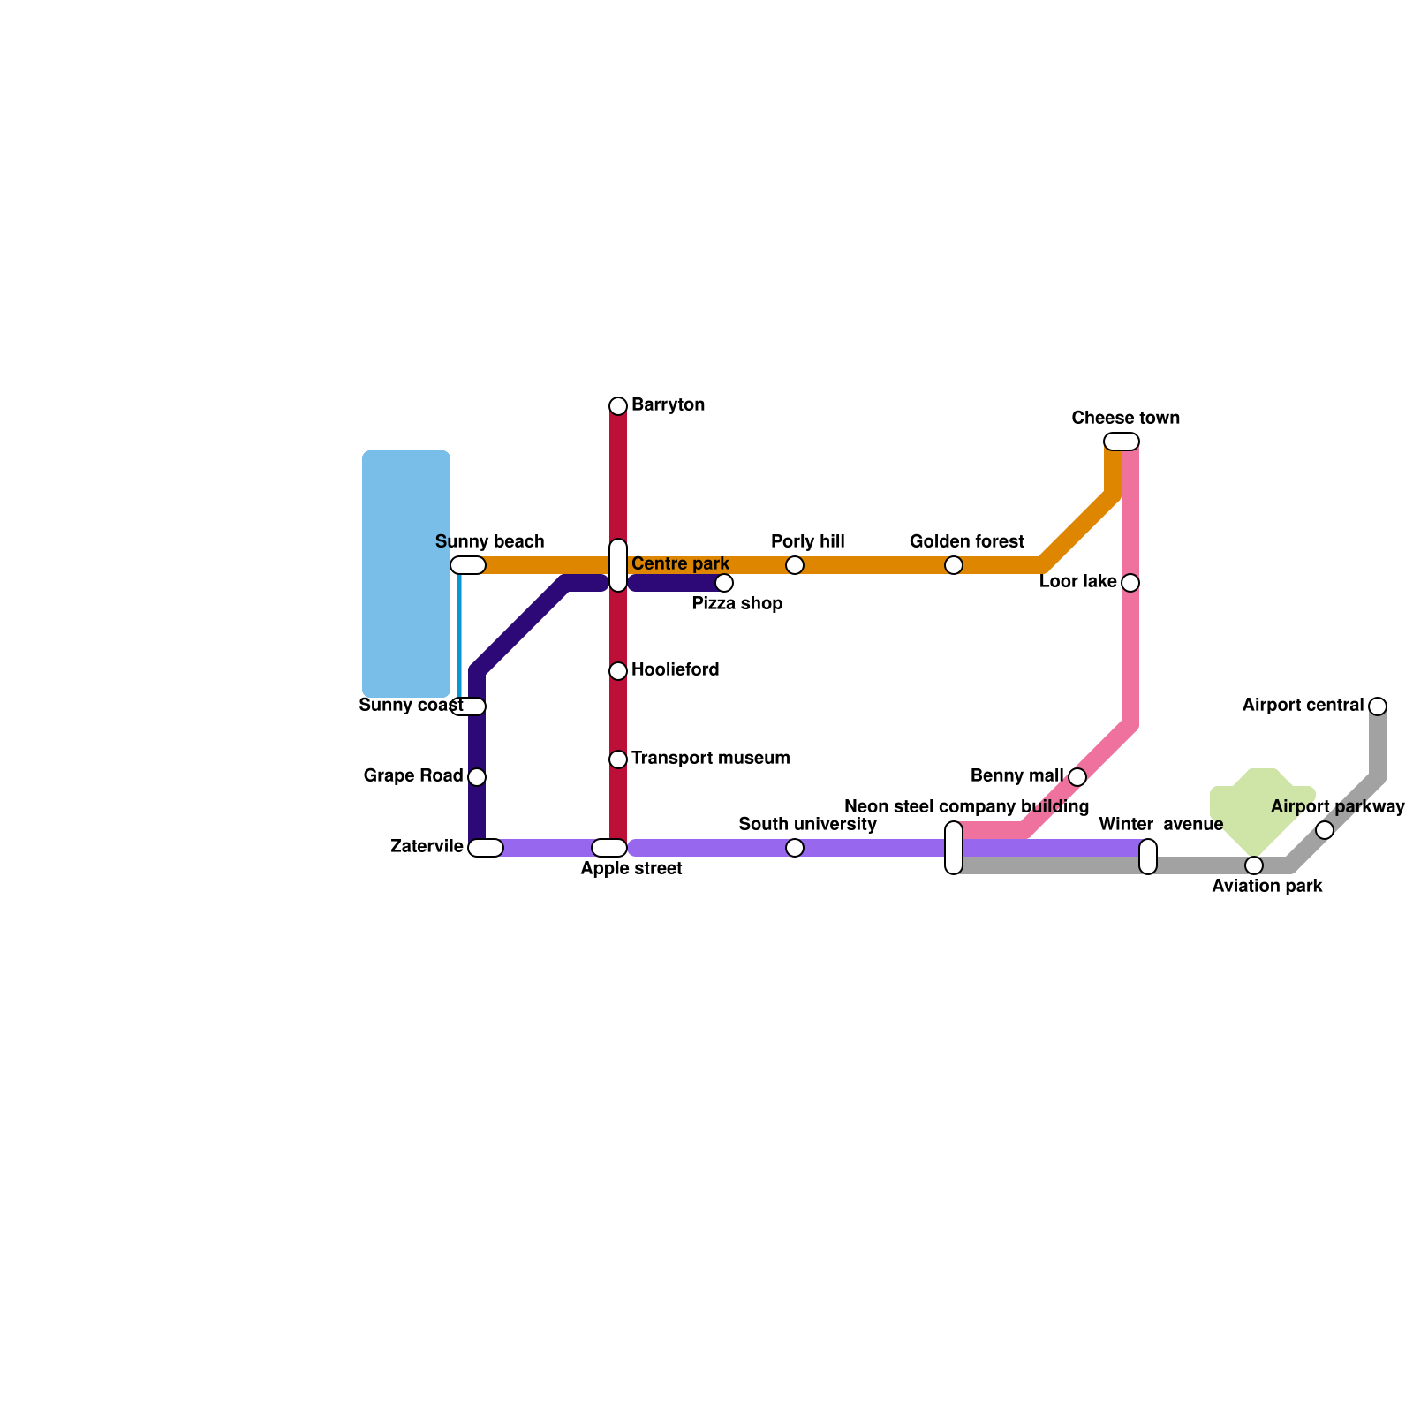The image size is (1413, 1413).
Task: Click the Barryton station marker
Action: (x=618, y=406)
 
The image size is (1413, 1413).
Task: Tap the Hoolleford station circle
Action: (x=618, y=671)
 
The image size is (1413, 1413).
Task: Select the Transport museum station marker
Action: (x=618, y=759)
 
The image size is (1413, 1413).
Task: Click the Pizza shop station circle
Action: (x=724, y=583)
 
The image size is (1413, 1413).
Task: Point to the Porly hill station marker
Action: (x=795, y=565)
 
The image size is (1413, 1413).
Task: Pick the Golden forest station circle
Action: (x=954, y=565)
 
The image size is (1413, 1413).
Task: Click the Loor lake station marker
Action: (x=1130, y=583)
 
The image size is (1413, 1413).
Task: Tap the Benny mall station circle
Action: (x=1077, y=777)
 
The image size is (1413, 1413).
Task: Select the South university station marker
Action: (x=795, y=848)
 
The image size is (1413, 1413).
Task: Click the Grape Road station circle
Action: (x=477, y=777)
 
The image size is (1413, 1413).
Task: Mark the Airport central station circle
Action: (x=1378, y=706)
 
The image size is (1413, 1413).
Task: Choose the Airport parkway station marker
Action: (x=1325, y=830)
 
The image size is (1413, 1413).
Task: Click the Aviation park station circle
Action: (x=1254, y=865)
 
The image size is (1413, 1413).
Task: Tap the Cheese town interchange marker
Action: (x=1122, y=442)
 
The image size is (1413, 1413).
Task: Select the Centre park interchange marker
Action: (x=618, y=565)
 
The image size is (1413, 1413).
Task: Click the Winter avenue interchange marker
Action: (x=1148, y=857)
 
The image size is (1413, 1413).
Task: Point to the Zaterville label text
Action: (x=427, y=847)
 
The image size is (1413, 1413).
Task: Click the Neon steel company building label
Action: (x=966, y=807)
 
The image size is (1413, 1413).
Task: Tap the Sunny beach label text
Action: (x=490, y=542)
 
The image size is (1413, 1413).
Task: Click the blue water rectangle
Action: (x=406, y=574)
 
